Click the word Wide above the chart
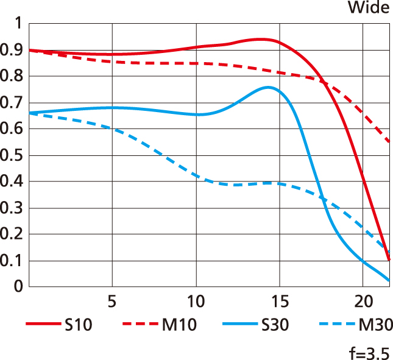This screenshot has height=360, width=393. coord(368,8)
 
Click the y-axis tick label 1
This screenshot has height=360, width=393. coord(18,24)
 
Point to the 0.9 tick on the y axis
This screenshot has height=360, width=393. coord(12,50)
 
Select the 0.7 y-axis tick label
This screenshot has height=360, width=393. coord(12,103)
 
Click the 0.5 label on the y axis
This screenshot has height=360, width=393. coord(12,155)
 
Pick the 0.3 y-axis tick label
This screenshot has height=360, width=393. coord(12,208)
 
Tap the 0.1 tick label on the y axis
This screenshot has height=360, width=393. coord(12,261)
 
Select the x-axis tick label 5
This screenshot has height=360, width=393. coord(112,302)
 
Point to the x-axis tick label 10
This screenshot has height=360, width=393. coord(196,302)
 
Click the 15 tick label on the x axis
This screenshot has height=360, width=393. coord(280,302)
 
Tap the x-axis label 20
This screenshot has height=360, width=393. coord(363,302)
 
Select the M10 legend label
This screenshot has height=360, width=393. coord(179,325)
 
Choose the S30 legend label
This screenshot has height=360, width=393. coord(275,325)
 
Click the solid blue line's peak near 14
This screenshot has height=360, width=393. coord(268,87)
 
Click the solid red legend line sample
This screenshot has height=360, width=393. coord(42,325)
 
